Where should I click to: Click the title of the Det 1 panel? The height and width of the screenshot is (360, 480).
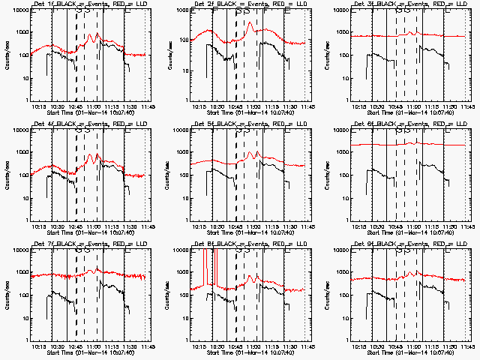[81, 5]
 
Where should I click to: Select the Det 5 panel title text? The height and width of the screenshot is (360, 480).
[241, 125]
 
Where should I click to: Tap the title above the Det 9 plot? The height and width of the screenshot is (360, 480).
[401, 245]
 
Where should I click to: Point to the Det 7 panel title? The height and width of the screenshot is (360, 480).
[81, 245]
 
